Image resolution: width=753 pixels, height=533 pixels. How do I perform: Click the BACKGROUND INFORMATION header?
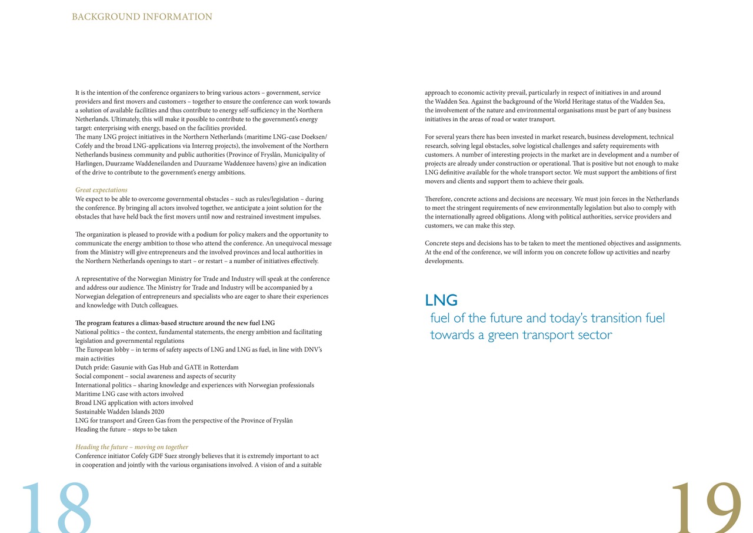(142, 17)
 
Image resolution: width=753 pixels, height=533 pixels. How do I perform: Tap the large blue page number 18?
(56, 506)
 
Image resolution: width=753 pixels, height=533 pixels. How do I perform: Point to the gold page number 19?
(705, 506)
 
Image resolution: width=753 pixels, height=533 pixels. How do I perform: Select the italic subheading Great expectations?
(101, 190)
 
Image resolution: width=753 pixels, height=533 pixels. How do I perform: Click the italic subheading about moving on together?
(132, 447)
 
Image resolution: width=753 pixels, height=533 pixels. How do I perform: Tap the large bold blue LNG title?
(441, 300)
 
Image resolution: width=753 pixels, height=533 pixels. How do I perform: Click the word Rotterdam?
(223, 367)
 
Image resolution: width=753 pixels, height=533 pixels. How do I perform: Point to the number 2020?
(156, 412)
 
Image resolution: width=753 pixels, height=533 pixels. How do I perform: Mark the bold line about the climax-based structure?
(175, 323)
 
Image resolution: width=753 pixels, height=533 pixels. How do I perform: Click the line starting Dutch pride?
(157, 367)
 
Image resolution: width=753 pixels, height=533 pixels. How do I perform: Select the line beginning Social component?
(155, 376)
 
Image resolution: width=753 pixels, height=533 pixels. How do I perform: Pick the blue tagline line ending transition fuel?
(547, 319)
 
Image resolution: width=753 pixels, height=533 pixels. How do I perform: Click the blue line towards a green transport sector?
(521, 335)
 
